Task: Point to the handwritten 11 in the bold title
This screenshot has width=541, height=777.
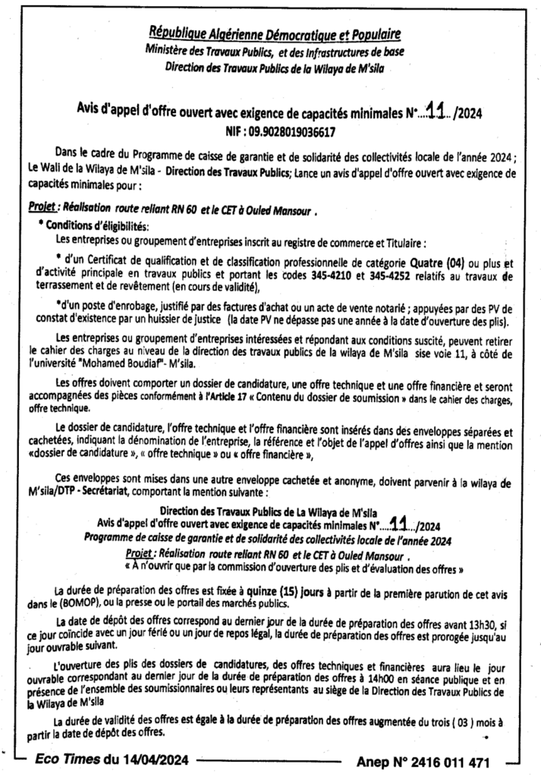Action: tap(435, 112)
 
